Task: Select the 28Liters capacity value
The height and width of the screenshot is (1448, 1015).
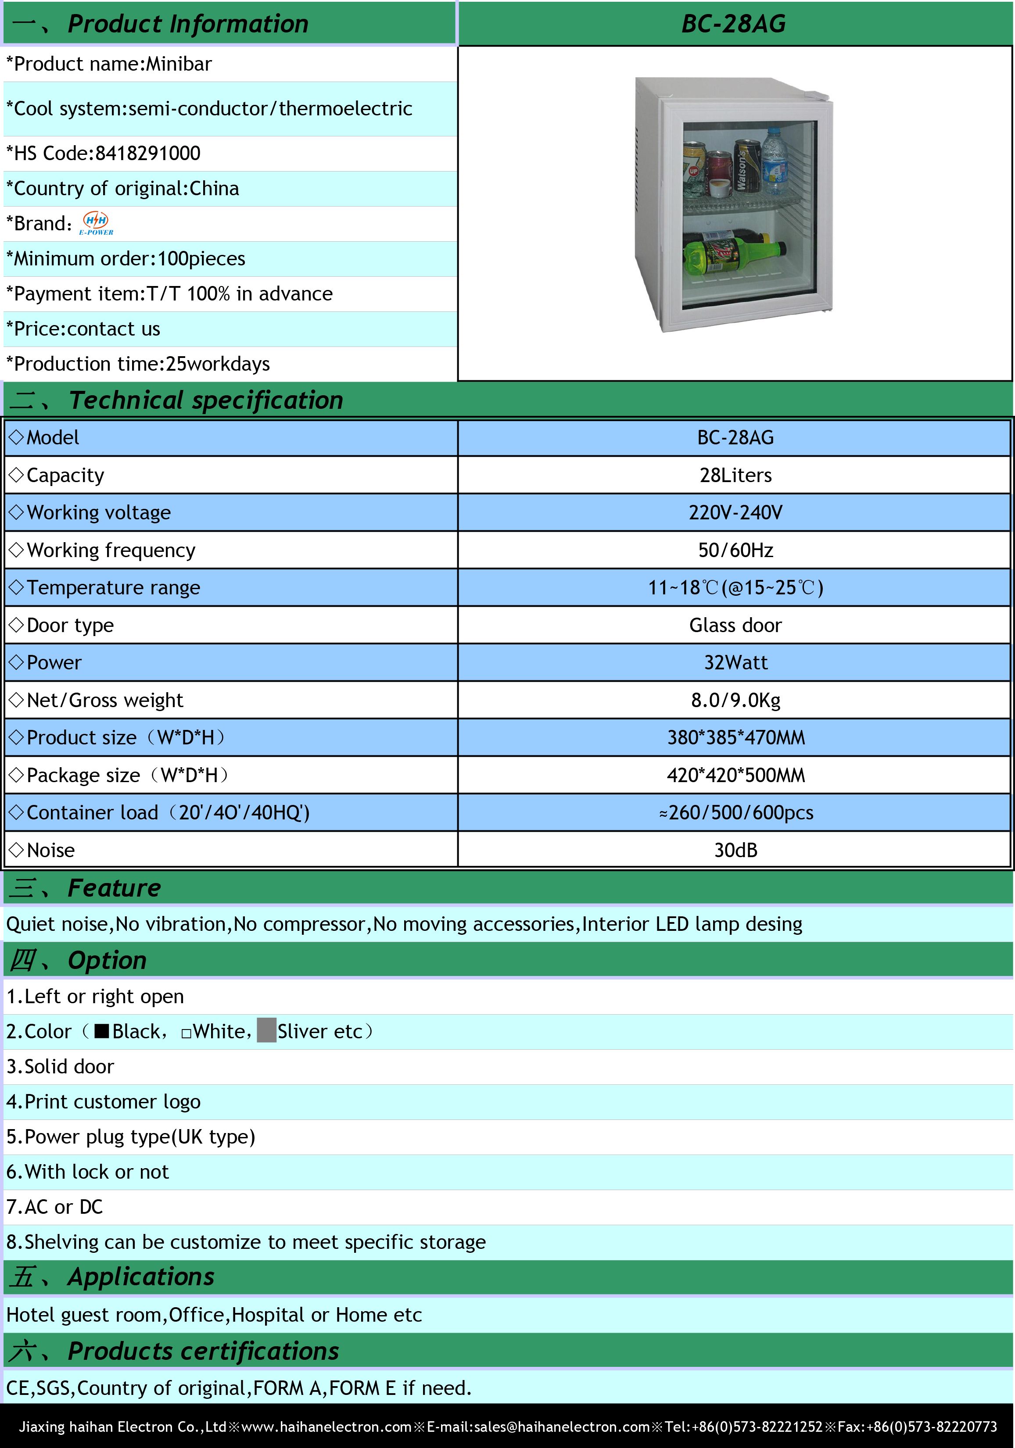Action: (x=735, y=475)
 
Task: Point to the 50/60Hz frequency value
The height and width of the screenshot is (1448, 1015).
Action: (x=735, y=550)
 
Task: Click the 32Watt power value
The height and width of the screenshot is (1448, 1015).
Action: (x=735, y=662)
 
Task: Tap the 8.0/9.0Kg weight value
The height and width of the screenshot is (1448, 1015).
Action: (x=735, y=700)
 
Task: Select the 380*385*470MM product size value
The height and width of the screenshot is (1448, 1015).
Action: (x=735, y=737)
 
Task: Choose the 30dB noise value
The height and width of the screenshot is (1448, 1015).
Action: (x=735, y=850)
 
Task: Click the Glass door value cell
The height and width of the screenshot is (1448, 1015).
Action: (x=735, y=625)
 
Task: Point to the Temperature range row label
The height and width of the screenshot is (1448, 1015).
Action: (x=114, y=588)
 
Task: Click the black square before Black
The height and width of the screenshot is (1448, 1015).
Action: (x=101, y=1032)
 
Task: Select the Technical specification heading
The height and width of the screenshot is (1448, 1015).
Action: (x=206, y=400)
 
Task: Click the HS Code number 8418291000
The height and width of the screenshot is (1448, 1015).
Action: (x=147, y=153)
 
